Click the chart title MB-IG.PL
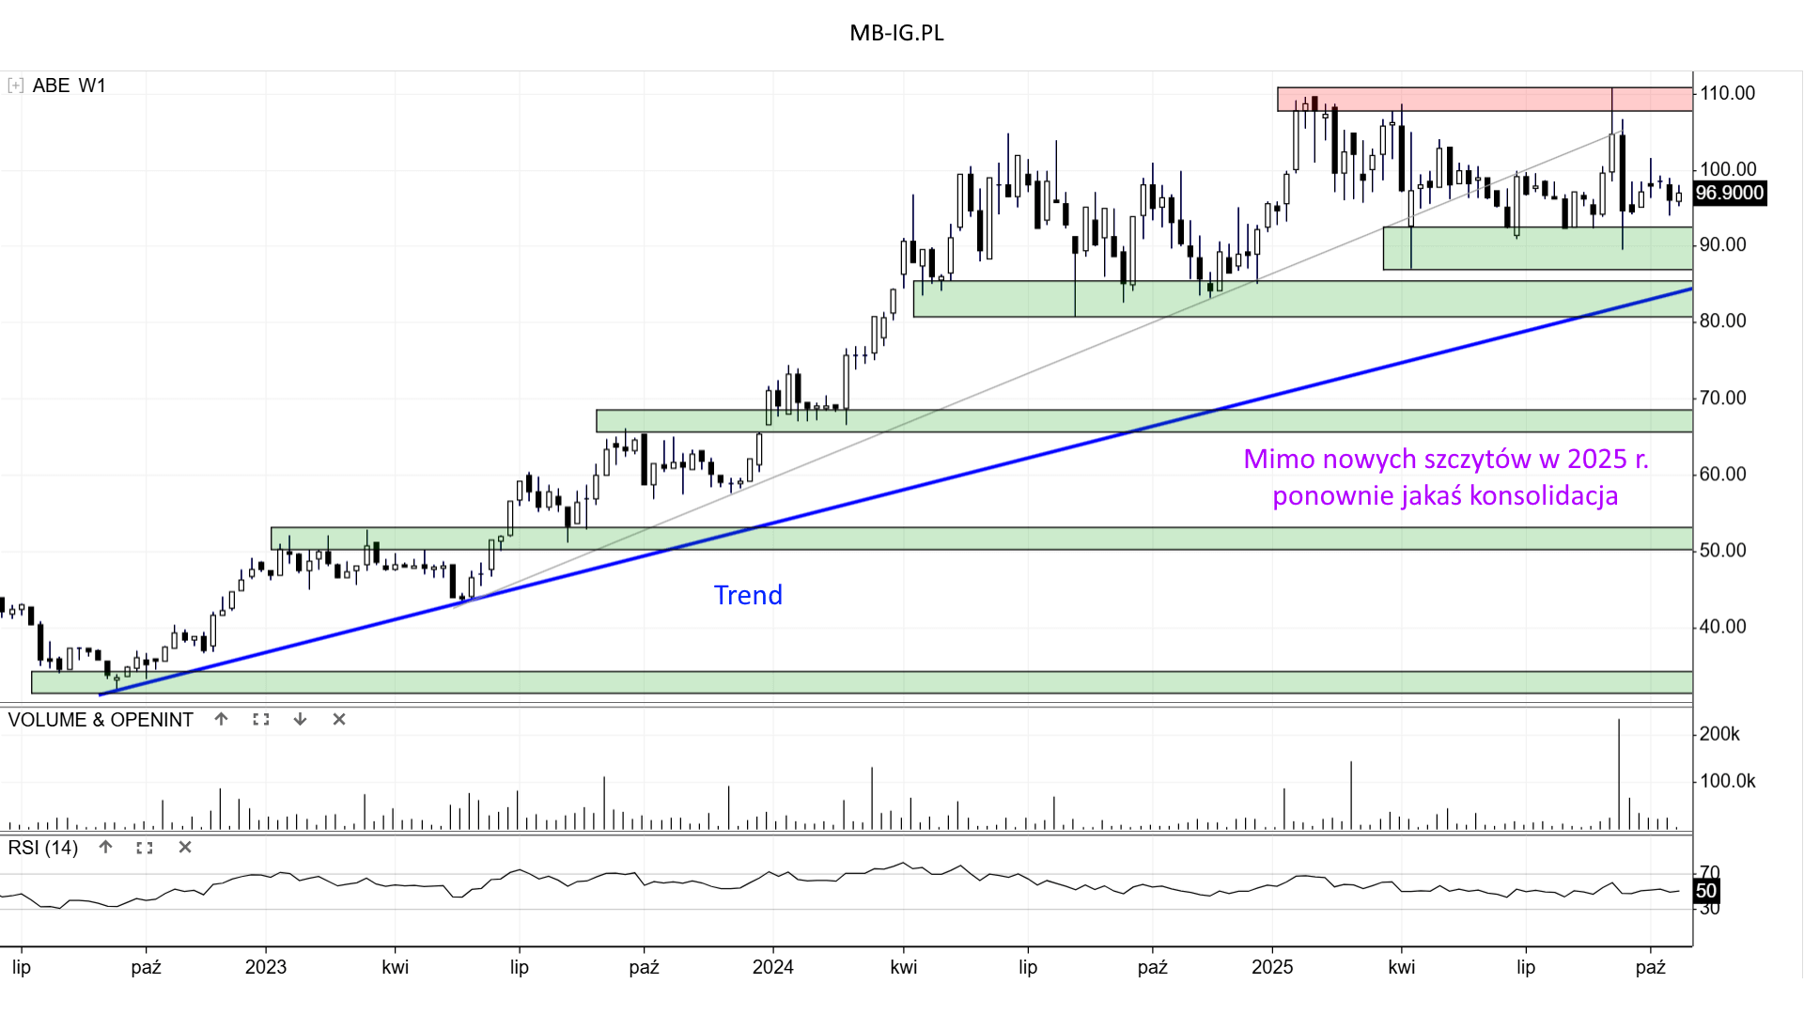click(896, 33)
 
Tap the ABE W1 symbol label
click(69, 86)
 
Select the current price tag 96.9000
click(1729, 194)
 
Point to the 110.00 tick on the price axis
click(1727, 93)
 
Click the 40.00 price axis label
click(1722, 627)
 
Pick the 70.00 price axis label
click(1722, 398)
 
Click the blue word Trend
click(748, 595)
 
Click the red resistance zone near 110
click(1485, 99)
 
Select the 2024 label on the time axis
click(772, 967)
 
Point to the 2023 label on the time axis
click(265, 967)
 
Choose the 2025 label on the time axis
click(1272, 967)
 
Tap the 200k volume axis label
click(1719, 734)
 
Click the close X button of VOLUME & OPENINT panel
click(339, 720)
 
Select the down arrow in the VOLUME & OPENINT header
click(300, 720)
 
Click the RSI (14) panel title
click(43, 848)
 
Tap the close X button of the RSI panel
click(185, 848)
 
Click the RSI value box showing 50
click(1706, 891)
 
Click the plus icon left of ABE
click(15, 86)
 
